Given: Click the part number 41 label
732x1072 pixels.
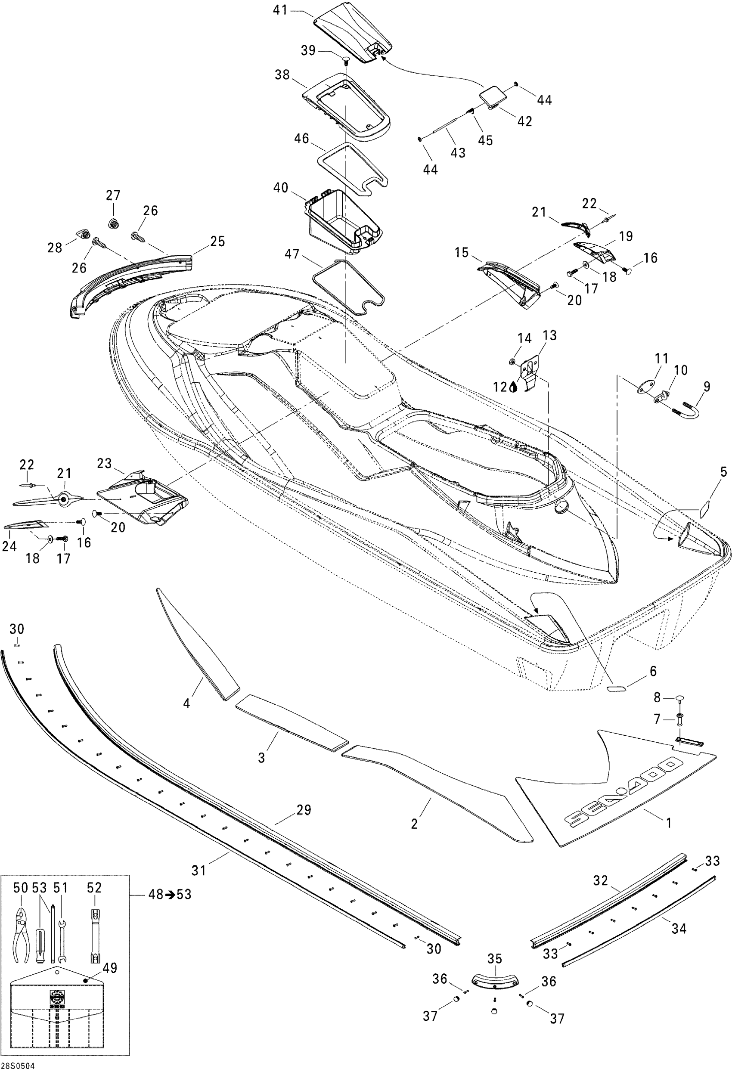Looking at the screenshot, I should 280,10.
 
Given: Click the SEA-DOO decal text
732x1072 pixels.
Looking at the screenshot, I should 623,793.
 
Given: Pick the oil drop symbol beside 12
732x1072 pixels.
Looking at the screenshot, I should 513,387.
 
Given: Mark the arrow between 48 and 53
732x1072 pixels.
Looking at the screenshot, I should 170,895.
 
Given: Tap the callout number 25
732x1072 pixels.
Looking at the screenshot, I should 218,241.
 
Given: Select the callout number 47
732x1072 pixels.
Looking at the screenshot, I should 292,254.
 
